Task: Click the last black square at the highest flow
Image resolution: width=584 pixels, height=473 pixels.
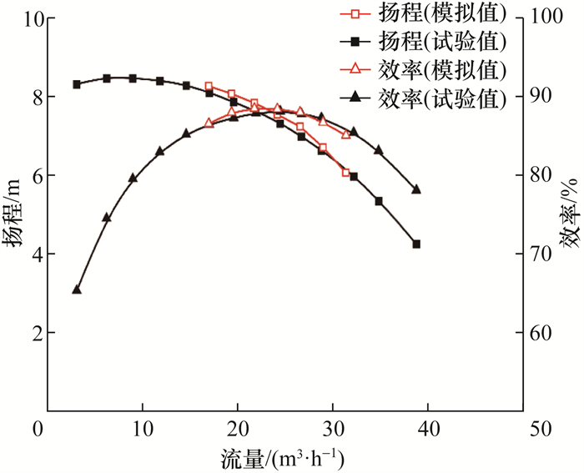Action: pos(416,244)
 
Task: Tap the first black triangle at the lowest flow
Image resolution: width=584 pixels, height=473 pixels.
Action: pos(77,289)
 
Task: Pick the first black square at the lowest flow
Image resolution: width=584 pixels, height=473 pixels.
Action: pos(77,84)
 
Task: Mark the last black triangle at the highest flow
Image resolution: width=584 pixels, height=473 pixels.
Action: pos(416,189)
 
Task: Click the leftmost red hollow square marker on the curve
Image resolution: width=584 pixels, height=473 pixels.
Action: pos(209,87)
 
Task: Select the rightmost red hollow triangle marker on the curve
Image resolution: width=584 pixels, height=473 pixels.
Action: pos(346,134)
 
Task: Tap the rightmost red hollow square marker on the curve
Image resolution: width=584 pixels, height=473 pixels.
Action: pos(345,173)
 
